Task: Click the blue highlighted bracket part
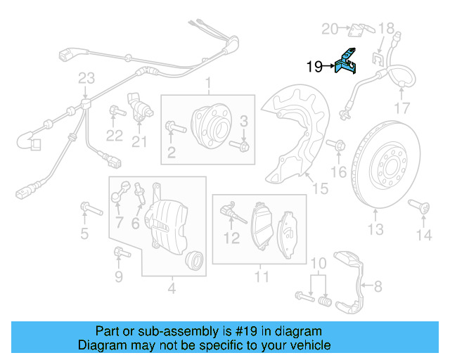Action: [348, 63]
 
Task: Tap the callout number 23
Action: [86, 77]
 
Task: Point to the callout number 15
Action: [320, 188]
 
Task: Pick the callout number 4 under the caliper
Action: [172, 287]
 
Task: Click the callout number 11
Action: [262, 276]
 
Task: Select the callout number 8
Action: [378, 286]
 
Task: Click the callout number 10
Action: [319, 263]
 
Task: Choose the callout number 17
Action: [401, 108]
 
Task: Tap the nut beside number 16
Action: [337, 146]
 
